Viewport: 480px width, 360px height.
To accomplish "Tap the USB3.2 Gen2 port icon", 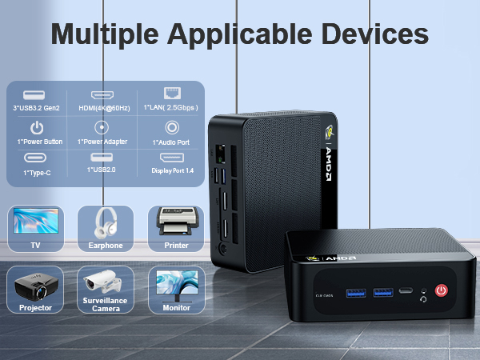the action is (35, 94).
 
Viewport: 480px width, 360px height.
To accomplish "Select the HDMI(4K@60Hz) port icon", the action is (102, 94).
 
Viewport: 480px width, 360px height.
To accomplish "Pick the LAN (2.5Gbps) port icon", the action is (171, 93).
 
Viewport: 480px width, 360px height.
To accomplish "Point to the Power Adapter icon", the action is (102, 128).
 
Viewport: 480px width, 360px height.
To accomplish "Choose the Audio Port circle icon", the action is (171, 128).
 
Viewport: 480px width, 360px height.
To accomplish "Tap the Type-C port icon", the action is (35, 158).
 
